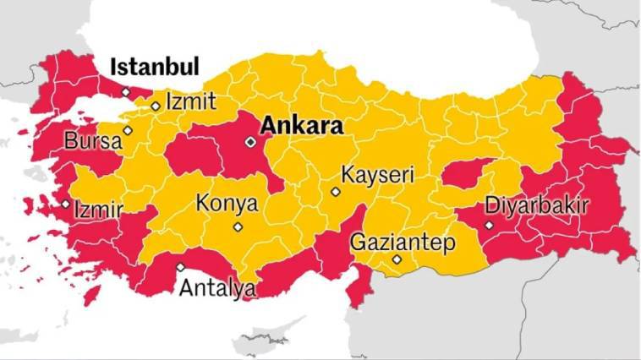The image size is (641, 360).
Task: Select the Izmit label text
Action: click(190, 101)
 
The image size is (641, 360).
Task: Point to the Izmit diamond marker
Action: click(156, 106)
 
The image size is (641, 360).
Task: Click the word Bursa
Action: click(93, 141)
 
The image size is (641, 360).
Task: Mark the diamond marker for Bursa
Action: click(128, 130)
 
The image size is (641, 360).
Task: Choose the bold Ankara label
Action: click(301, 127)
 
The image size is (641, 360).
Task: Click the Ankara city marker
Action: click(249, 142)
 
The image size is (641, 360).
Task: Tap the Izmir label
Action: click(99, 209)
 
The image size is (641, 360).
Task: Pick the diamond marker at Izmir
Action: click(66, 204)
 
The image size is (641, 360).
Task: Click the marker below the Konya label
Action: click(238, 226)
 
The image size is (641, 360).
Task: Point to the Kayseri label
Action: click(377, 176)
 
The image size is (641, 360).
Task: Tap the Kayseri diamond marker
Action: click(336, 192)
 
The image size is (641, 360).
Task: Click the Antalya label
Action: click(217, 289)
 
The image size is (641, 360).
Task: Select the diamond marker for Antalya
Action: click(180, 268)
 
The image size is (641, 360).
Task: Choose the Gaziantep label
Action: click(403, 243)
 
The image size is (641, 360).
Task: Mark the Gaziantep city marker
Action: click(397, 259)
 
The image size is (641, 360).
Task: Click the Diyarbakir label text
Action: click(536, 205)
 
